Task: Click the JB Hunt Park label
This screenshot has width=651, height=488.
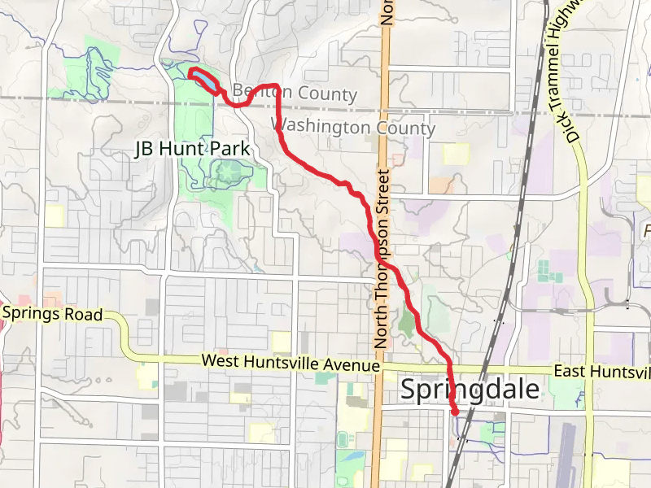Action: click(191, 150)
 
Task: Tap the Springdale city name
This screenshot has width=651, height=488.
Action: click(470, 390)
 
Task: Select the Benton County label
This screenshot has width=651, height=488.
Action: click(295, 93)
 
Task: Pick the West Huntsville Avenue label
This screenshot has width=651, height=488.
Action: click(291, 363)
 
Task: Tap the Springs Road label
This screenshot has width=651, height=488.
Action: click(52, 314)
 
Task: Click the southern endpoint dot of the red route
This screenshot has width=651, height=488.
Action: click(454, 412)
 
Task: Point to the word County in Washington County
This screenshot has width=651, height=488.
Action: click(404, 128)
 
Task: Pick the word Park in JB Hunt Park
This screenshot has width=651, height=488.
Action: click(232, 150)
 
